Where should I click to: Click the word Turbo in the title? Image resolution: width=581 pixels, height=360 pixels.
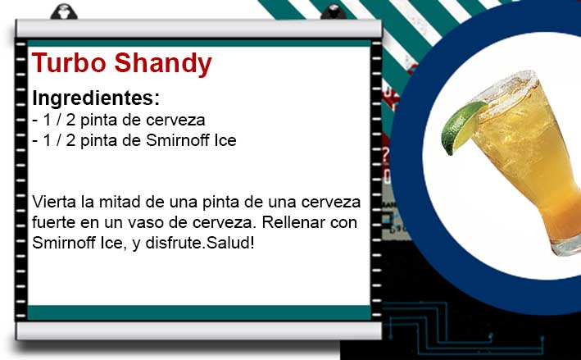[70, 62]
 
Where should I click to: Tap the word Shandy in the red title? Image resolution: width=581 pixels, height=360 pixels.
[163, 65]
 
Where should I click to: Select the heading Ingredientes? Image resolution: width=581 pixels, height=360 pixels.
[96, 98]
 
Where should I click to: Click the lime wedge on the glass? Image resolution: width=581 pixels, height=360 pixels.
[463, 127]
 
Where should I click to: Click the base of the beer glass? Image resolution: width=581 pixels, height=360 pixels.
[566, 244]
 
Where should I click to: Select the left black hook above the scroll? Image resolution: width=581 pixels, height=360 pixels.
[64, 11]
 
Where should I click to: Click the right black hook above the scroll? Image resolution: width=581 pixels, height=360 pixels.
[333, 11]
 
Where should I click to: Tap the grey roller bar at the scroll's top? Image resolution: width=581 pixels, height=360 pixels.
[198, 29]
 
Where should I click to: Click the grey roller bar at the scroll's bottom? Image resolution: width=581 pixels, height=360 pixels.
[198, 330]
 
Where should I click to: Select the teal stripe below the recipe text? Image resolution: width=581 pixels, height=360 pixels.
[199, 312]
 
